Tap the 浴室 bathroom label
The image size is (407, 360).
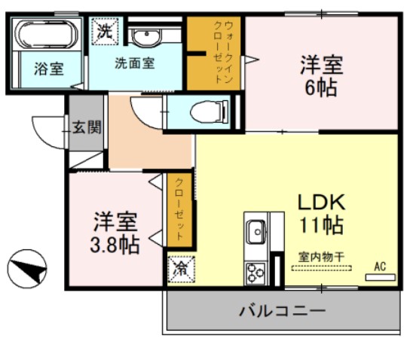click(x=47, y=69)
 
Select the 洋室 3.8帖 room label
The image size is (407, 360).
click(x=115, y=233)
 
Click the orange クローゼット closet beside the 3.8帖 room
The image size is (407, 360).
click(x=180, y=210)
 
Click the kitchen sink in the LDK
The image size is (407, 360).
click(x=255, y=230)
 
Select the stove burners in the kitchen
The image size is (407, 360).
click(x=253, y=272)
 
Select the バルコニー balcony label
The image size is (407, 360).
click(x=282, y=310)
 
